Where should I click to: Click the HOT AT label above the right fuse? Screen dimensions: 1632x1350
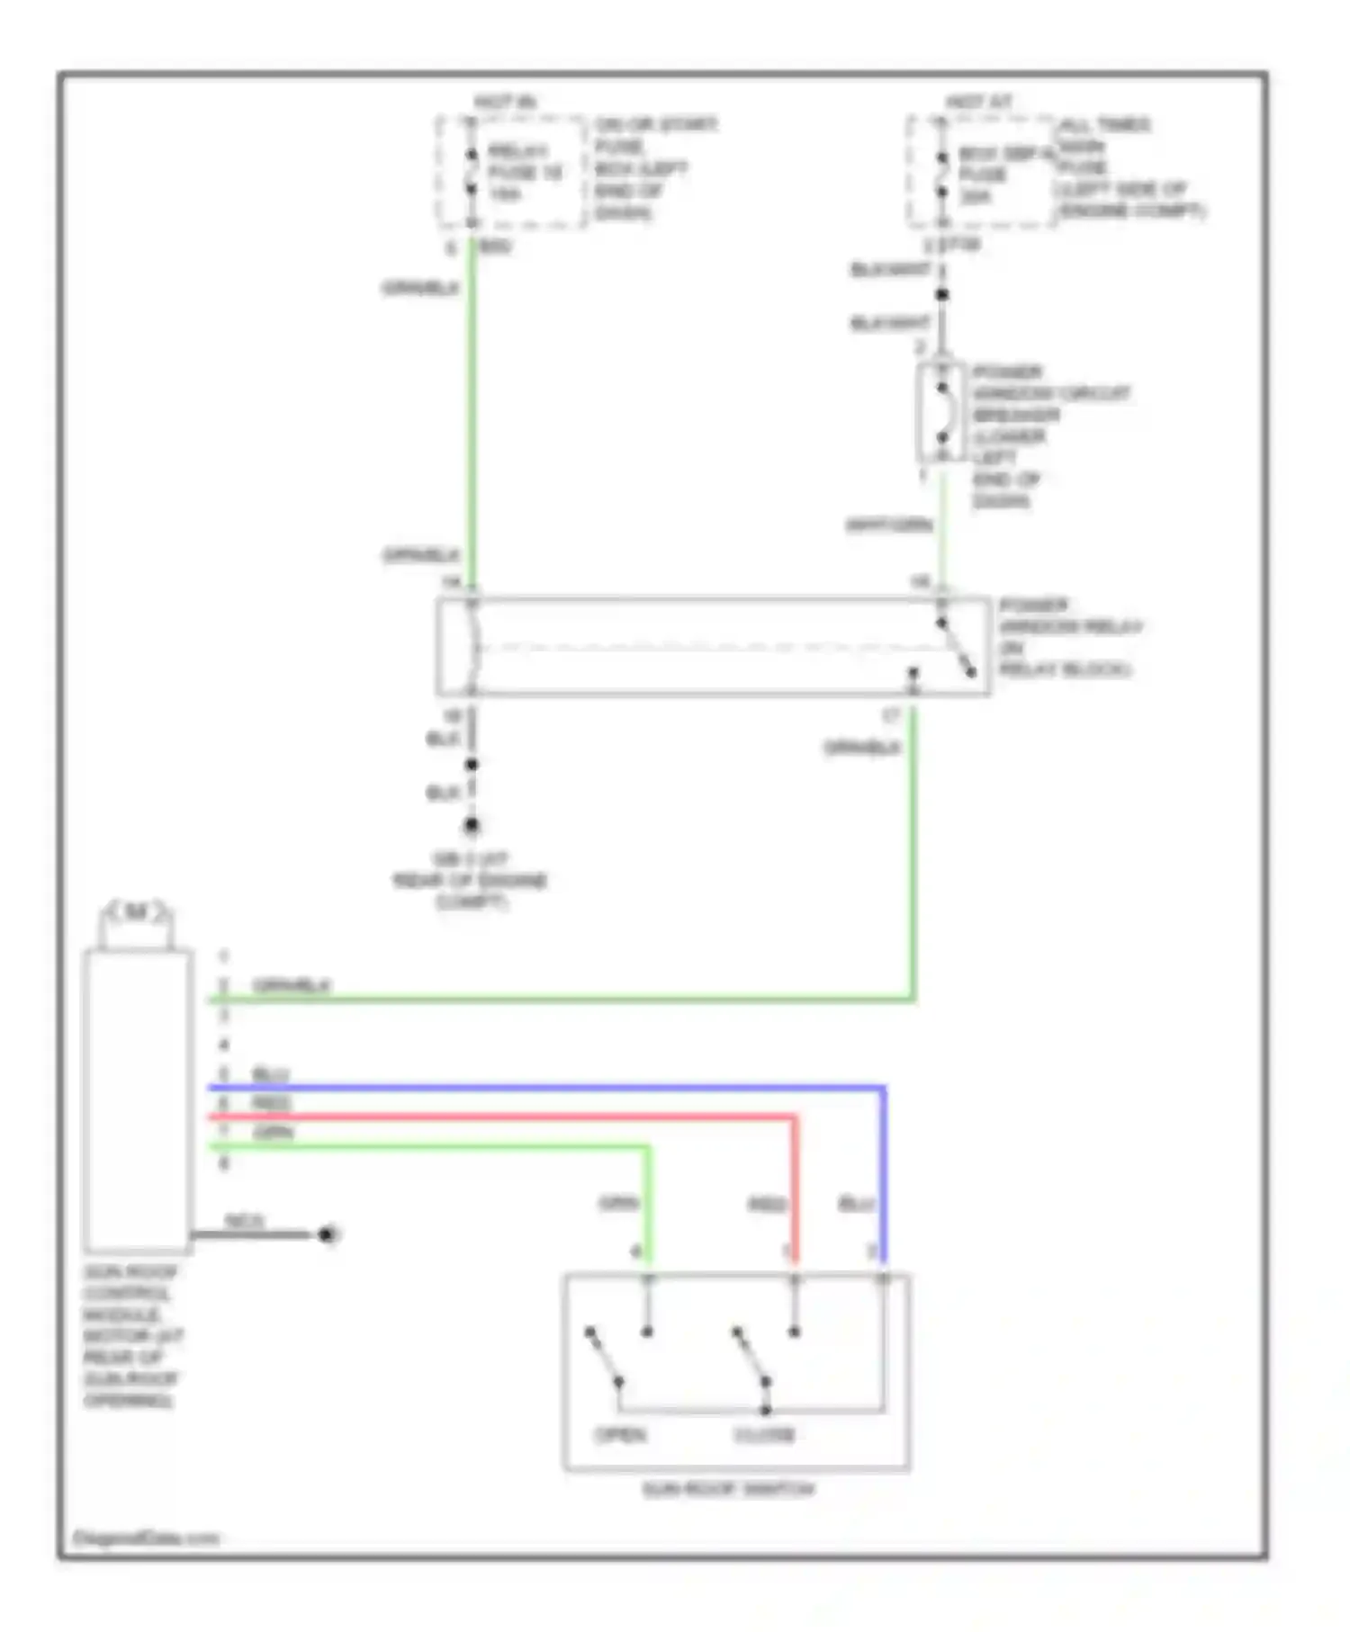pos(978,103)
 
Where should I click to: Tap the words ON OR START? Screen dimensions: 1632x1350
pos(655,124)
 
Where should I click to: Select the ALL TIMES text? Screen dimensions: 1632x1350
pos(1104,124)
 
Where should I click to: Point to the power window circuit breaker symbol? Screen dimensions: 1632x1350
pos(941,413)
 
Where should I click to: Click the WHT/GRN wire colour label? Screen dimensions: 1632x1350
pos(888,525)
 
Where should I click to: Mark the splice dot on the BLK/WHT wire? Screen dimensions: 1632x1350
pos(941,294)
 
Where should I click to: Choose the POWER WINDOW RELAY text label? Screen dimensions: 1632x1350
pos(1069,627)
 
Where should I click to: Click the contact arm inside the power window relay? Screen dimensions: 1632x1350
pos(956,648)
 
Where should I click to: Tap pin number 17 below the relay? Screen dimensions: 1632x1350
pos(890,716)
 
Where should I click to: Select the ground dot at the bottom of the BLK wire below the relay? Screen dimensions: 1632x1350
pos(472,825)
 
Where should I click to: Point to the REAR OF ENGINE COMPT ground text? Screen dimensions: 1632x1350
pos(470,881)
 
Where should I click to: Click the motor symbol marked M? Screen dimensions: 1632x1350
pos(135,913)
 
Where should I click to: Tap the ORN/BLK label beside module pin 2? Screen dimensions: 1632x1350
pos(292,986)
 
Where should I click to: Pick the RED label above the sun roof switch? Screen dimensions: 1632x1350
pos(767,1205)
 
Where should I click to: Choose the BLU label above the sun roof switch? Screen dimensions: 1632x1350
pos(857,1205)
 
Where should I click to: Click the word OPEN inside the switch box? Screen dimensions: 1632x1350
pos(621,1434)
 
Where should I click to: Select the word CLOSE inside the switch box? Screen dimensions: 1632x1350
pos(764,1434)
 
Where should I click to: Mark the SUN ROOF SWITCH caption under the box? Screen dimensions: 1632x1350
pos(728,1490)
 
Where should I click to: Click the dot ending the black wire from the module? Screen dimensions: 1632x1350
pos(328,1234)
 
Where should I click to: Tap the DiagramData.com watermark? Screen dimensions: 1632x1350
pos(145,1538)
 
